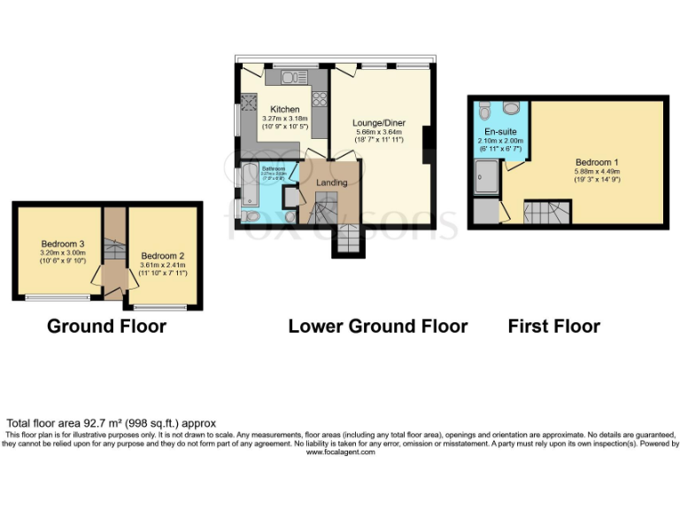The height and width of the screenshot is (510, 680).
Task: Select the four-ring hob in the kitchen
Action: [x=320, y=98]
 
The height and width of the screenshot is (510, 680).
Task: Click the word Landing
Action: [x=332, y=182]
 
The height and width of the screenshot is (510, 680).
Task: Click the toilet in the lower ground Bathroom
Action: [x=251, y=215]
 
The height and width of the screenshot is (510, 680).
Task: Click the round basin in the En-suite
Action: [x=511, y=109]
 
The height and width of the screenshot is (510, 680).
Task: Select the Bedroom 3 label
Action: [x=63, y=244]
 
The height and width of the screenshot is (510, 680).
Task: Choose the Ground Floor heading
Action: [x=106, y=327]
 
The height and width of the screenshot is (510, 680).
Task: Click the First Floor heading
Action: [x=553, y=327]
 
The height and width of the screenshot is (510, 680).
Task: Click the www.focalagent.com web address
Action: [x=340, y=452]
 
